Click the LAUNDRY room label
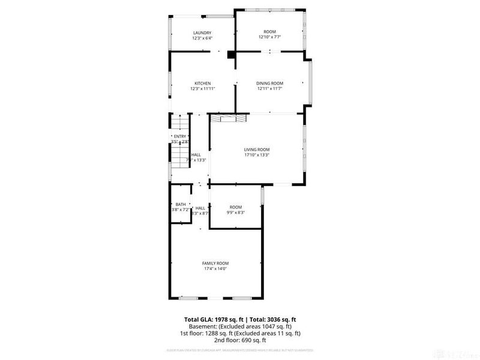202,32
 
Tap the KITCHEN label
202,83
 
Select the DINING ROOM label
269,83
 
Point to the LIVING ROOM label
256,149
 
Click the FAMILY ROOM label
215,263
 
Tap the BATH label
181,204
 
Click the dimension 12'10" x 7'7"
269,37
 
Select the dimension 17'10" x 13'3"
256,155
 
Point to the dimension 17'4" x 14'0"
215,268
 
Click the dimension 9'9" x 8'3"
236,212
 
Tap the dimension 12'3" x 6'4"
202,38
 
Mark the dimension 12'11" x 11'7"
269,88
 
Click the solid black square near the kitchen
231,55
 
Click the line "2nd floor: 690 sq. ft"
240,340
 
